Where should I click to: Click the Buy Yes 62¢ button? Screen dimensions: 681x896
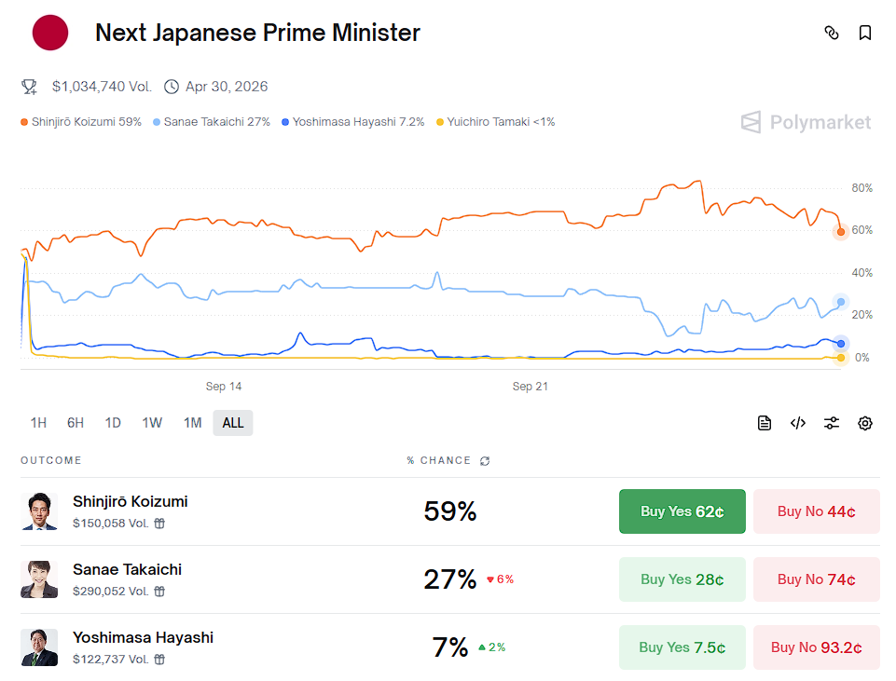pos(682,511)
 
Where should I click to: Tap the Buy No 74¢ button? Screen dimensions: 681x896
pos(816,579)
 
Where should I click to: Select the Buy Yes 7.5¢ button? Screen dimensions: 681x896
pos(682,647)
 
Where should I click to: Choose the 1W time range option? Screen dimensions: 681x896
pos(152,423)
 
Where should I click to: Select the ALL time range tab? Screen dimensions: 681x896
pos(233,423)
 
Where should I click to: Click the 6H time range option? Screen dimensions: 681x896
pos(76,423)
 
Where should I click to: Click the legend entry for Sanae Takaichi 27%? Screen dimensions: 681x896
pos(212,122)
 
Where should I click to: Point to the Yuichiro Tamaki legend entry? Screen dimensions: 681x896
pos(495,122)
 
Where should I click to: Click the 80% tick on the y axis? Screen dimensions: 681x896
pos(862,188)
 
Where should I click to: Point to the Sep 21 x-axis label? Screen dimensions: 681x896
pos(530,387)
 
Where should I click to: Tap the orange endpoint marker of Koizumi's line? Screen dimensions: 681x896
pos(840,232)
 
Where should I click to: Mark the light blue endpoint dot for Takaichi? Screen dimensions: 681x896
pos(841,302)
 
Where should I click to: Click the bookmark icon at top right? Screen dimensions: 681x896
pos(865,34)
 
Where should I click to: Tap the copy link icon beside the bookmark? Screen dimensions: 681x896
pos(832,34)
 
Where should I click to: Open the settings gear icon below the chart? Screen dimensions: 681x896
pos(865,423)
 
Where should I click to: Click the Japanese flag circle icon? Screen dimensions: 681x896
pos(50,34)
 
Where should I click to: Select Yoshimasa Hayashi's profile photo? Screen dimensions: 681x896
pos(39,647)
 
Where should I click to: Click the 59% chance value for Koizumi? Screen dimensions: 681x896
pos(450,511)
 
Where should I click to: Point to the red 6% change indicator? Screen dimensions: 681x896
pos(501,579)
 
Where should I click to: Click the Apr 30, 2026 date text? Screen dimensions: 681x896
pos(227,87)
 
